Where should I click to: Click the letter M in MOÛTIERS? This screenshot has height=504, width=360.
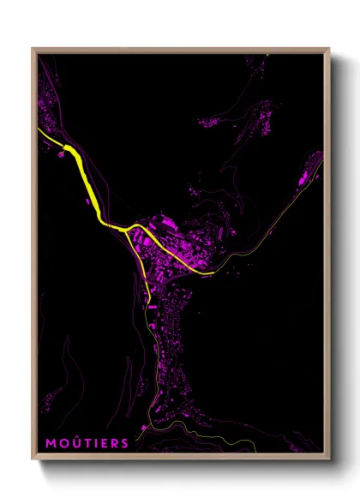point(51,443)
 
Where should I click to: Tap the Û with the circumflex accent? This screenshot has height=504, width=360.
point(75,442)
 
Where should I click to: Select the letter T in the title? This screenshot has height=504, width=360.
point(85,443)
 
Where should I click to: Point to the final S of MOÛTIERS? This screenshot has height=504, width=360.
point(125,443)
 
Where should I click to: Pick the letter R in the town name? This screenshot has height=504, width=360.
point(114,443)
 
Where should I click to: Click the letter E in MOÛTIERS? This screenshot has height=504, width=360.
point(103,443)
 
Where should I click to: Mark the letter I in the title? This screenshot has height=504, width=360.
point(94,443)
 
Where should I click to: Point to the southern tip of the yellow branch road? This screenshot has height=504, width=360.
point(150,302)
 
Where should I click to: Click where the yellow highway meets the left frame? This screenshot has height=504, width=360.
point(39,130)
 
